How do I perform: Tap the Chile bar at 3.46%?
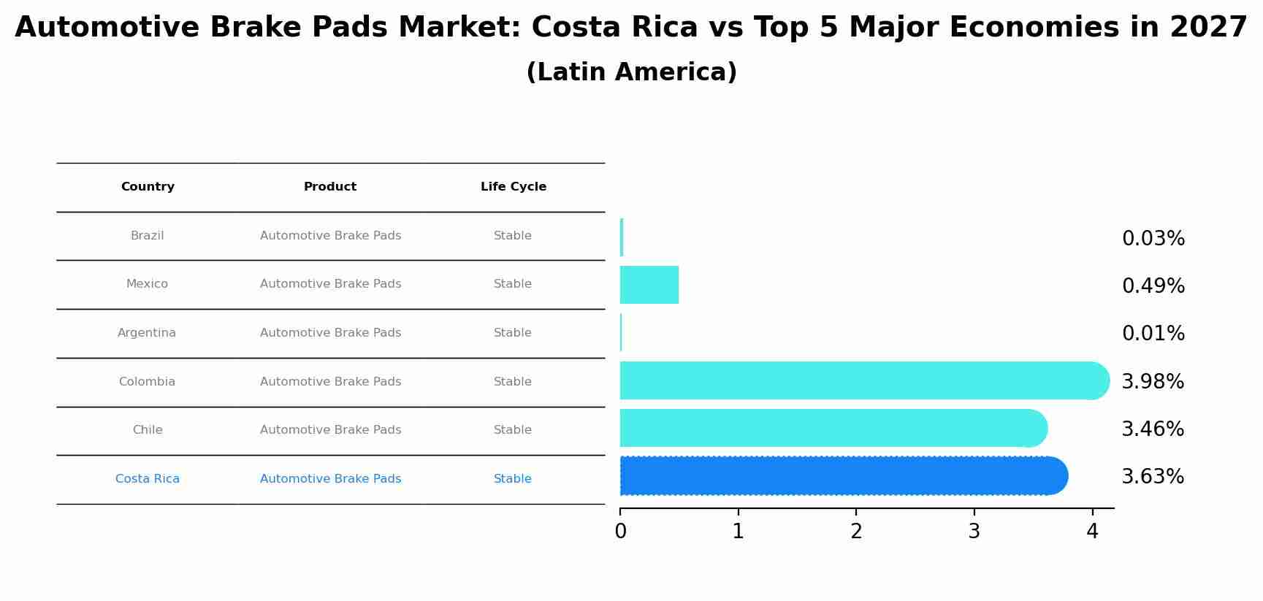pyautogui.click(x=833, y=428)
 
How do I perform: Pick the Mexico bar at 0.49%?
pyautogui.click(x=649, y=285)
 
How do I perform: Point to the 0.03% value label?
pyautogui.click(x=1153, y=239)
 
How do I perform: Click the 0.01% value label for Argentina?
pyautogui.click(x=1153, y=334)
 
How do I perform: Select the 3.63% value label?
pyautogui.click(x=1152, y=477)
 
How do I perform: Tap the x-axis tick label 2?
pyautogui.click(x=856, y=532)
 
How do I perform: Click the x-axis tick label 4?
pyautogui.click(x=1092, y=532)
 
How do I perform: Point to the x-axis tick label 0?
pyautogui.click(x=620, y=532)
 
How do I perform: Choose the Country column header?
pyautogui.click(x=148, y=187)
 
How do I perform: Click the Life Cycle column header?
pyautogui.click(x=513, y=187)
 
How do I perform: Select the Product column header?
pyautogui.click(x=330, y=187)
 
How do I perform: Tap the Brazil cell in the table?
pyautogui.click(x=147, y=236)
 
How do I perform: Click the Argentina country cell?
pyautogui.click(x=147, y=333)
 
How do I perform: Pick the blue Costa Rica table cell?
pyautogui.click(x=147, y=479)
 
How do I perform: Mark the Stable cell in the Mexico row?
pyautogui.click(x=512, y=284)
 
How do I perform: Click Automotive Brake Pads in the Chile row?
pyautogui.click(x=330, y=430)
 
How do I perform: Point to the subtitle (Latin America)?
pyautogui.click(x=631, y=72)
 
